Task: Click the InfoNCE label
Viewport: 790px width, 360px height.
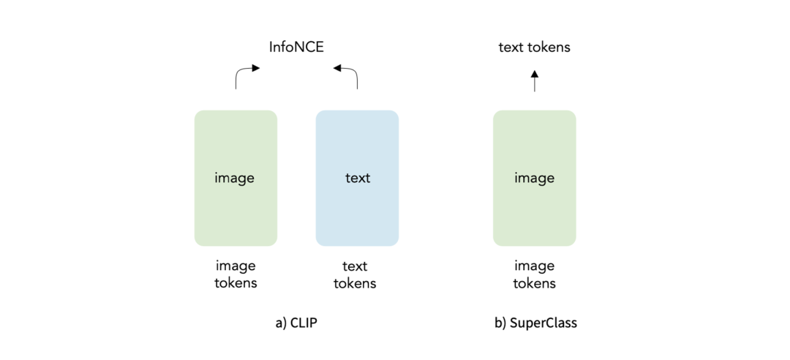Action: click(x=296, y=48)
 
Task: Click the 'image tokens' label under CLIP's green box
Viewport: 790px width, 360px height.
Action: click(x=236, y=274)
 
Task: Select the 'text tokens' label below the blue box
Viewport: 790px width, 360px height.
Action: click(x=355, y=274)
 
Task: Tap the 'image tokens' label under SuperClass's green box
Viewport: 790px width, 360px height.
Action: click(x=534, y=274)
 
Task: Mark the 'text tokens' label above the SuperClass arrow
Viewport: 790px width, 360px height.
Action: click(x=534, y=48)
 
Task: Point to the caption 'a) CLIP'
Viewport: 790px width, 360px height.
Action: click(x=296, y=323)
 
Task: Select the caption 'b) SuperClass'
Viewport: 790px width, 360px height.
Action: click(x=535, y=323)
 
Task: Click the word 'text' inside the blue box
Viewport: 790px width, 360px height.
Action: click(x=357, y=178)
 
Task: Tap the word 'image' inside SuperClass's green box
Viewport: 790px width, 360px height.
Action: click(x=534, y=178)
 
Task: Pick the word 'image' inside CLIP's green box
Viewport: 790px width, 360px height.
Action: click(x=236, y=178)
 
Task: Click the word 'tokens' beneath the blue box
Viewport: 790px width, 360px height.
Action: click(x=355, y=283)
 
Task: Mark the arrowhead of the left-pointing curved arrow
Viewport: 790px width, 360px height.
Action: click(x=337, y=69)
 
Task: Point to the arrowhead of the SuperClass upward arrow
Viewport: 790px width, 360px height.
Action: click(x=534, y=73)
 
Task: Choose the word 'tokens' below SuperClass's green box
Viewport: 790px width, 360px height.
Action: click(x=534, y=283)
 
